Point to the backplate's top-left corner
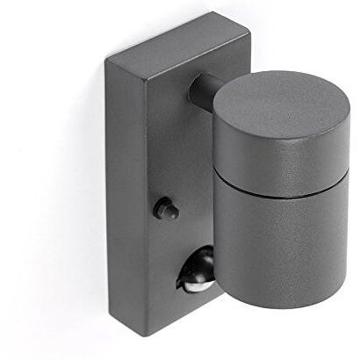coord(108,58)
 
